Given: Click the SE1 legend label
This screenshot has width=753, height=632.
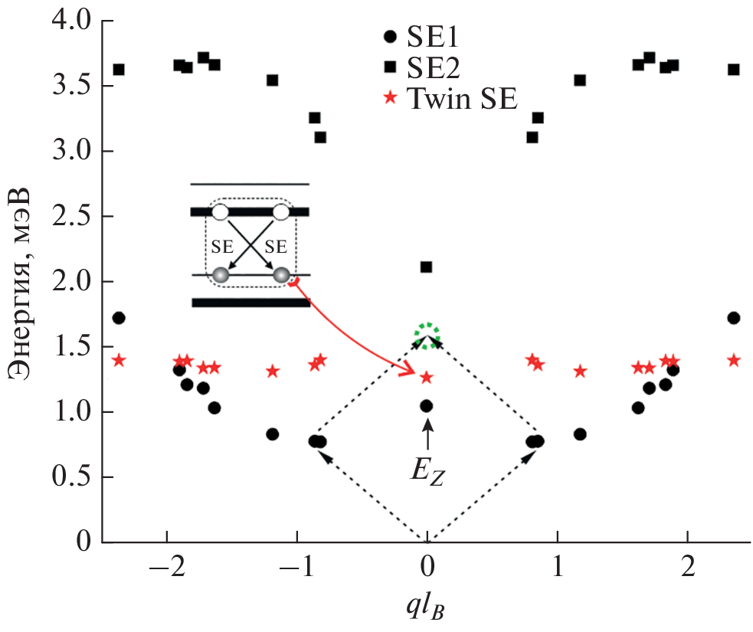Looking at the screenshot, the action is click(433, 37).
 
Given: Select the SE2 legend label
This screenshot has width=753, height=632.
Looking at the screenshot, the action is click(433, 67).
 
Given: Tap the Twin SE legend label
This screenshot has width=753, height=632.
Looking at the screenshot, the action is click(463, 99).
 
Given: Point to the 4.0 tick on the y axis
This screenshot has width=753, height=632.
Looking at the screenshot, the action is click(71, 21).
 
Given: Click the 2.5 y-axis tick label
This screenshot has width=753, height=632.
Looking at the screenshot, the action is click(71, 216).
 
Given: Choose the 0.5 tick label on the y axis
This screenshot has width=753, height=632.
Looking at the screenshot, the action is click(71, 477).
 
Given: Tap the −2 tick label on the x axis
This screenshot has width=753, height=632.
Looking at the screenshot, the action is click(167, 568).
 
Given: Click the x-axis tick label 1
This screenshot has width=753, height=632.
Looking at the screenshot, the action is click(558, 568).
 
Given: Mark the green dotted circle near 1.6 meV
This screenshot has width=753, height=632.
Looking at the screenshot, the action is click(427, 336).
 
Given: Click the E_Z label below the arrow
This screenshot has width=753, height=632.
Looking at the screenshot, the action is click(427, 473).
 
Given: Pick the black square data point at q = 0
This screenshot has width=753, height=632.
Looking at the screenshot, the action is click(426, 267).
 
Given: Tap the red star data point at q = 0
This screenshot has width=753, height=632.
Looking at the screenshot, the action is click(427, 378).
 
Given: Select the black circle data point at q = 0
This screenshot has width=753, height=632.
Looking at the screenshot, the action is click(427, 406).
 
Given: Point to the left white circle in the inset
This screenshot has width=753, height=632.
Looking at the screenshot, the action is click(220, 211).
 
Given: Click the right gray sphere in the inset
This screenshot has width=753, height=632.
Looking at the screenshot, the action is click(281, 275).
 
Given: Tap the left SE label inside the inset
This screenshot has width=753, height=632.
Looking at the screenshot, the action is click(222, 247).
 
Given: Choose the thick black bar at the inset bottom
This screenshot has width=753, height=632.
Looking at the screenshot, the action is click(250, 303).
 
